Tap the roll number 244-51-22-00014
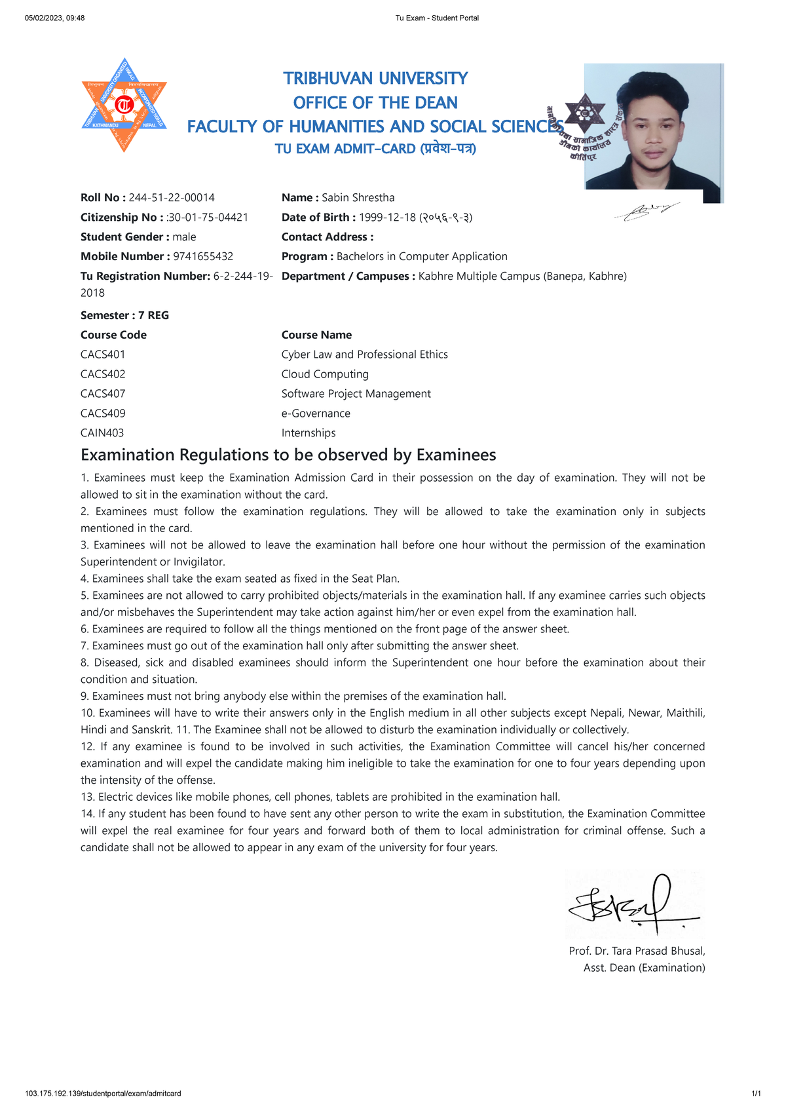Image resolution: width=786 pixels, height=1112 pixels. click(172, 198)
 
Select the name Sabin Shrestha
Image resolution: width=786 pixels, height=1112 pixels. click(358, 198)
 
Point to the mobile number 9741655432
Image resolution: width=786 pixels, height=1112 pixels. click(203, 257)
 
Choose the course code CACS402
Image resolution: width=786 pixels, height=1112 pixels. click(103, 374)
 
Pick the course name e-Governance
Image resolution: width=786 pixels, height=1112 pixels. click(316, 413)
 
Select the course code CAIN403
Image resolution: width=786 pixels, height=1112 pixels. click(102, 433)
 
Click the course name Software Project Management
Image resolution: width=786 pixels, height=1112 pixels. click(356, 394)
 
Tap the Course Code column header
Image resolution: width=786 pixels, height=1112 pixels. click(113, 335)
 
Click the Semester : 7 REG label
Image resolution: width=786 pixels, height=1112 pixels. click(124, 315)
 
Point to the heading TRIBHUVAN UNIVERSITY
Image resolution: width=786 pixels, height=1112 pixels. click(375, 79)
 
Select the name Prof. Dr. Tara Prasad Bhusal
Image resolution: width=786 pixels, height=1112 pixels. click(637, 951)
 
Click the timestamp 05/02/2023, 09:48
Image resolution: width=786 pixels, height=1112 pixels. click(54, 18)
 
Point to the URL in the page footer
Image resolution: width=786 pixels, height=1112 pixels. click(103, 1094)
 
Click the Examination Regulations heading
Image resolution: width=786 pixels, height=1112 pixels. click(288, 455)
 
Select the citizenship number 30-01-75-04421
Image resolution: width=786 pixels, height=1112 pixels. click(208, 218)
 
